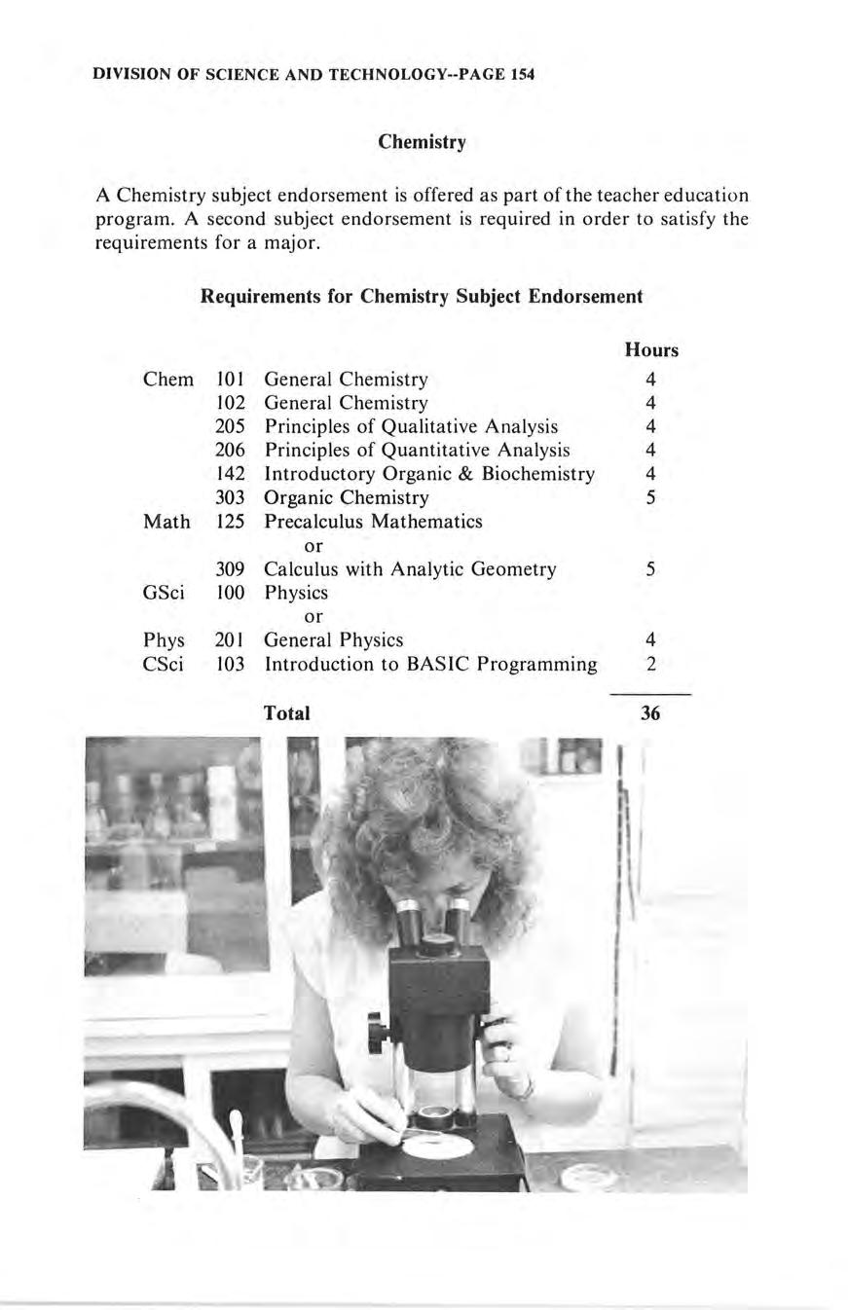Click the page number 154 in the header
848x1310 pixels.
522,74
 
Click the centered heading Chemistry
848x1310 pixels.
423,142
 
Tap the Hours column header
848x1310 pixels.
651,349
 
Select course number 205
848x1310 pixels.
230,426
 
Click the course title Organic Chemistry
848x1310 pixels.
346,497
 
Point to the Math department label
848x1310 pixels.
166,521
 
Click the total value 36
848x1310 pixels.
650,713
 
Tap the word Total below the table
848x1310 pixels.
286,713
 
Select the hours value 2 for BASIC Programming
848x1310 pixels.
650,664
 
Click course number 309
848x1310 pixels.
230,568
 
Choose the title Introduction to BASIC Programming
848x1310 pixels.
430,664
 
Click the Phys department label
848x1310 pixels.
164,639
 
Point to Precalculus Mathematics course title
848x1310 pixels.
373,521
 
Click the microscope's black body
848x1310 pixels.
438,1002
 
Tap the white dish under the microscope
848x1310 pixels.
438,1144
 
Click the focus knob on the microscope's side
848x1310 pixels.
376,1030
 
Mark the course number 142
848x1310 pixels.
230,474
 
